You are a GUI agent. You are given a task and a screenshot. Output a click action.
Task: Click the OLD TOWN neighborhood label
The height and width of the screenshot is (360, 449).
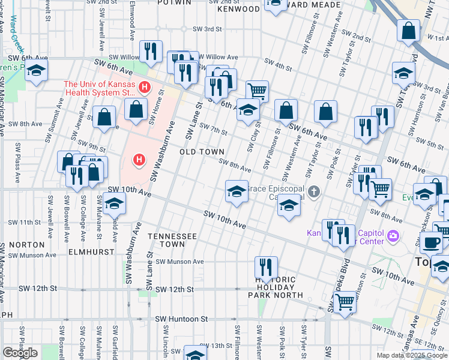(x=202, y=152)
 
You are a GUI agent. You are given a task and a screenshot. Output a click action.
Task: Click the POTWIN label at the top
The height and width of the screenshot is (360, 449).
(x=173, y=2)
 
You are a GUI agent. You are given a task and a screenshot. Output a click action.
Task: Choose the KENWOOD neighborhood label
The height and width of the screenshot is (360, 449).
(x=238, y=10)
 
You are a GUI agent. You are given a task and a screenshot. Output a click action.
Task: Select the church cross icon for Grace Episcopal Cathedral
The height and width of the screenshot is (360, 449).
(x=313, y=192)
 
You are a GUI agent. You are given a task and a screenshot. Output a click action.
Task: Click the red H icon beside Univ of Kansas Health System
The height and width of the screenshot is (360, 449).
(x=143, y=88)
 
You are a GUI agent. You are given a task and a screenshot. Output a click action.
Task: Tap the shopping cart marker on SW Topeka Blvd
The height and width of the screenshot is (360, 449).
(x=345, y=302)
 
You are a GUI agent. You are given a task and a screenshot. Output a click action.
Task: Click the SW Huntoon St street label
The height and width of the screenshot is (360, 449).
(x=181, y=319)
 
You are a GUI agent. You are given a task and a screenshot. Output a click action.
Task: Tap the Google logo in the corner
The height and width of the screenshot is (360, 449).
(x=20, y=353)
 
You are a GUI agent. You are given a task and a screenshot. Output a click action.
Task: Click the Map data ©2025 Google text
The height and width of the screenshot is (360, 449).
(x=412, y=355)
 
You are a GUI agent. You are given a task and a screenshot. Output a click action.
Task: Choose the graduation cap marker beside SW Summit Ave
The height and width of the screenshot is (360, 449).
(x=36, y=71)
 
